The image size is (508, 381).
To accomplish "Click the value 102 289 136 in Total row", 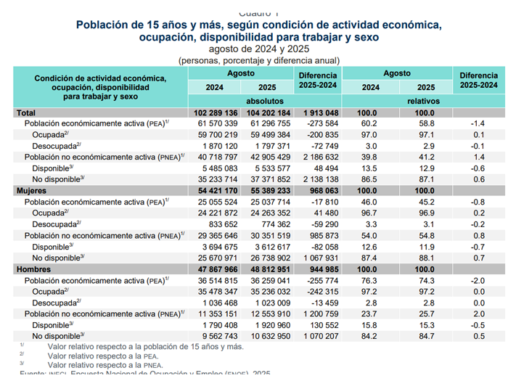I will (216, 114).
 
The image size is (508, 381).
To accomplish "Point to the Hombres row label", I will (35, 268).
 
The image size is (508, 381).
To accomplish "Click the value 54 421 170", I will (216, 190).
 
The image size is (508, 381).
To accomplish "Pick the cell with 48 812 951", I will (269, 268).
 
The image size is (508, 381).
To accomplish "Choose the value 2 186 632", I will (318, 157).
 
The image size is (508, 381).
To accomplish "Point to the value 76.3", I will (368, 279).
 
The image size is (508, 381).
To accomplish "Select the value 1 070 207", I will (319, 336).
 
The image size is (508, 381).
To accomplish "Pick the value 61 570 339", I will (217, 125).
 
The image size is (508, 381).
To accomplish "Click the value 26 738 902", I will (270, 257).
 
